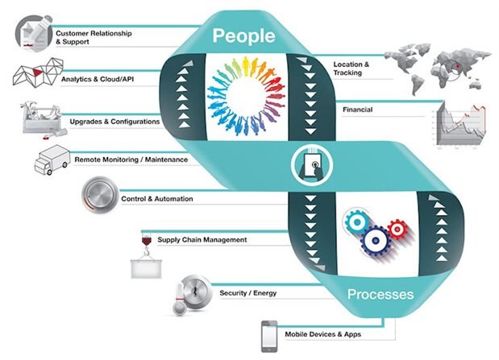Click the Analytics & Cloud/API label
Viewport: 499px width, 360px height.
[98, 80]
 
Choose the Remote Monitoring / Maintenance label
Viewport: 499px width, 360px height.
[131, 159]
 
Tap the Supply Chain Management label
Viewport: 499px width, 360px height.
[202, 239]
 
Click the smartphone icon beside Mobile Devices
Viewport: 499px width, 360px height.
[268, 334]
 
